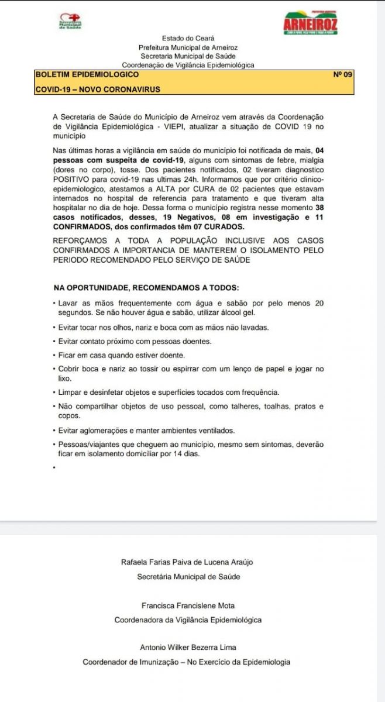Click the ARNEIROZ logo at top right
(x=310, y=23)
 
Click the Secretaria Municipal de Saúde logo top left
(x=70, y=22)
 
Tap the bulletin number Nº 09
(x=342, y=75)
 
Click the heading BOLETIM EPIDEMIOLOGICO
(x=87, y=75)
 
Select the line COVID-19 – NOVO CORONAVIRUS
(x=98, y=90)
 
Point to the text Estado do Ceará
(x=188, y=39)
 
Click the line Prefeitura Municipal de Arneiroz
(x=188, y=47)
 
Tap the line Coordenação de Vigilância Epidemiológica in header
(x=188, y=66)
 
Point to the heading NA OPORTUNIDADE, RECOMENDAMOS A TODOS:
(x=146, y=288)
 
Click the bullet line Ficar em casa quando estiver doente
(x=122, y=355)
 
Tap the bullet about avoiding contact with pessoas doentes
(x=135, y=341)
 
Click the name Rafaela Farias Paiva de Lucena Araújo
(x=187, y=562)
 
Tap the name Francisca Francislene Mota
(x=187, y=605)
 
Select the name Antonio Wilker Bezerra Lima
(x=187, y=648)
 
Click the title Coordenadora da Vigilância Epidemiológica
(x=188, y=620)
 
